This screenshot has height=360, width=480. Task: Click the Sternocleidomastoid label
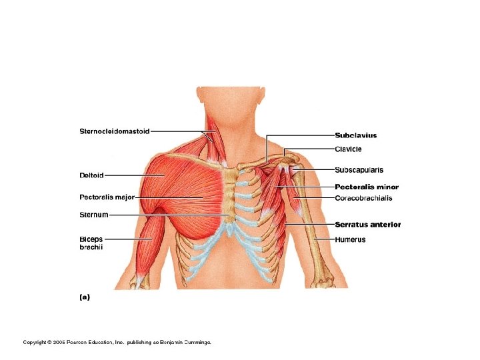[115, 131]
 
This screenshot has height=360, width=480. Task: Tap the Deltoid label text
[91, 175]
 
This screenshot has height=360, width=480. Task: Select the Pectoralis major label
[107, 197]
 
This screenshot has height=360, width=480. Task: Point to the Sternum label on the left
[93, 215]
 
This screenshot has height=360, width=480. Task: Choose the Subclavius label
[355, 136]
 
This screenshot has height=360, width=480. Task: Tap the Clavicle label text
[348, 149]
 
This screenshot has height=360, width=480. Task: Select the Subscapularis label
[359, 170]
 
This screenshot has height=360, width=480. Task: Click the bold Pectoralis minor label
[366, 187]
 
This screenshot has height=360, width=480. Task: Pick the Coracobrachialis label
[363, 198]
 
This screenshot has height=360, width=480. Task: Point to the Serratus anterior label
[367, 225]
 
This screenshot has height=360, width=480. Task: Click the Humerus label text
[350, 239]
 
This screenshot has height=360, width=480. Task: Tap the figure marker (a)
[85, 297]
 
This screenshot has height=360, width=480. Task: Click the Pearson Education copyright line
[117, 342]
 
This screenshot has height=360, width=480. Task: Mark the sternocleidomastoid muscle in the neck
[212, 143]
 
